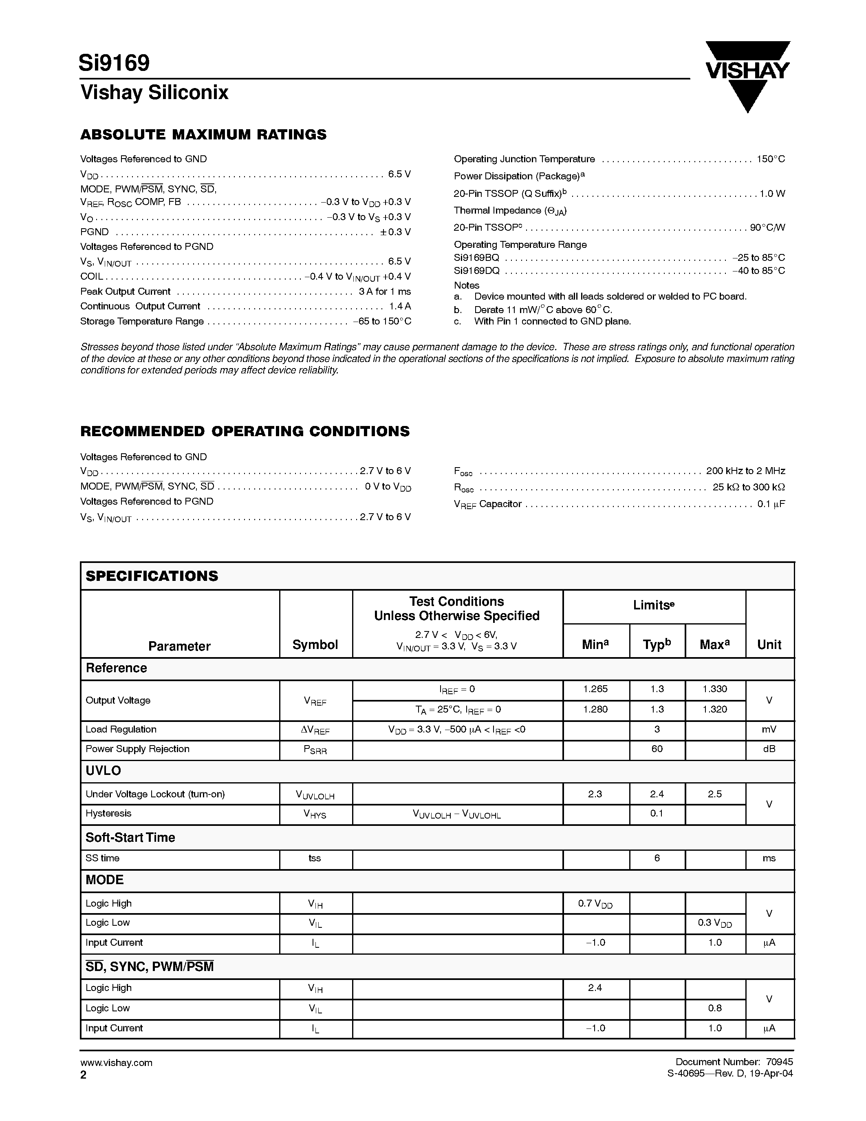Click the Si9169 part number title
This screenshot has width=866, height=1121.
pyautogui.click(x=115, y=63)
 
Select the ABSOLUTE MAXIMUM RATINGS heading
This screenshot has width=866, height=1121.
pyautogui.click(x=203, y=135)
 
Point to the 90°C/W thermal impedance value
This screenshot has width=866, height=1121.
pyautogui.click(x=767, y=227)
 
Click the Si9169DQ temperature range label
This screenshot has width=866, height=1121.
pyautogui.click(x=477, y=271)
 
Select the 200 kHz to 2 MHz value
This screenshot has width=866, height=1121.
pyautogui.click(x=745, y=471)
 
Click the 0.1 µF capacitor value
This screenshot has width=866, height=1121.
pyautogui.click(x=771, y=504)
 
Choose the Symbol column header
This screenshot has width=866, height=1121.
pyautogui.click(x=315, y=645)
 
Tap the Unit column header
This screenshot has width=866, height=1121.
pyautogui.click(x=769, y=645)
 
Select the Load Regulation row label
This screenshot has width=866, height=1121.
pyautogui.click(x=121, y=729)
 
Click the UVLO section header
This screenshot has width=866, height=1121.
pyautogui.click(x=103, y=770)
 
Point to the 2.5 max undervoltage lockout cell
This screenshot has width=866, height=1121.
pyautogui.click(x=715, y=794)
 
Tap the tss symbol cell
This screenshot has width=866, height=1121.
pyautogui.click(x=315, y=858)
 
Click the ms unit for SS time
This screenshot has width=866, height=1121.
pyautogui.click(x=769, y=858)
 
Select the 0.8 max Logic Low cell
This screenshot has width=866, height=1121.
pyautogui.click(x=715, y=1008)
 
